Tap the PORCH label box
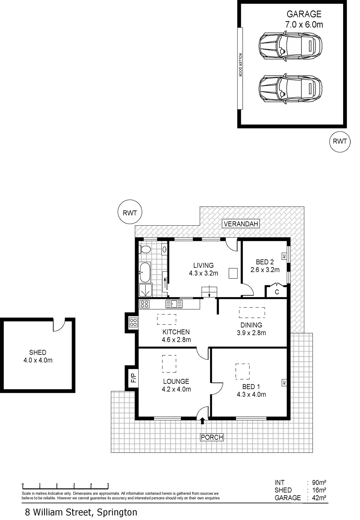(x=212, y=437)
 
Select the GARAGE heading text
(x=304, y=14)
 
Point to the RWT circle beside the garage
(x=340, y=141)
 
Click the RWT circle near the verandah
(x=130, y=213)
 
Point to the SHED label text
(x=38, y=352)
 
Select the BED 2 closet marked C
(x=277, y=291)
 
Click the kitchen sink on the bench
(x=174, y=304)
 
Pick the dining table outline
(x=252, y=312)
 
